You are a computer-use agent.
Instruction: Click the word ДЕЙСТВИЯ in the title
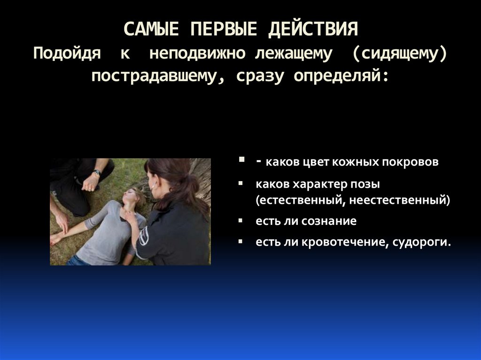313,30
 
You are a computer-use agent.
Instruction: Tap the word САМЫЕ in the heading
151,29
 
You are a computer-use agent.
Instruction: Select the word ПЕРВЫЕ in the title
224,29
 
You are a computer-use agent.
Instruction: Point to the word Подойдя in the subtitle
67,53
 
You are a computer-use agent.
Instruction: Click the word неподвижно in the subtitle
197,53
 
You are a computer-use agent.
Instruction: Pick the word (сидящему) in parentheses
399,54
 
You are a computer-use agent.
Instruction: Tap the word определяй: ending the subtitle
341,76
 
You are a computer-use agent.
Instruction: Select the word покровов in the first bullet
410,161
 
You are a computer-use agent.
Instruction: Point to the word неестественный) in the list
399,200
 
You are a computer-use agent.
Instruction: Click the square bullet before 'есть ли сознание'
240,220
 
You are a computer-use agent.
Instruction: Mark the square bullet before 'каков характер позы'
240,184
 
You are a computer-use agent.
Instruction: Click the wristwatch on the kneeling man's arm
97,173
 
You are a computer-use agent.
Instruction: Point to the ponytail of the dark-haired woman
190,190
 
